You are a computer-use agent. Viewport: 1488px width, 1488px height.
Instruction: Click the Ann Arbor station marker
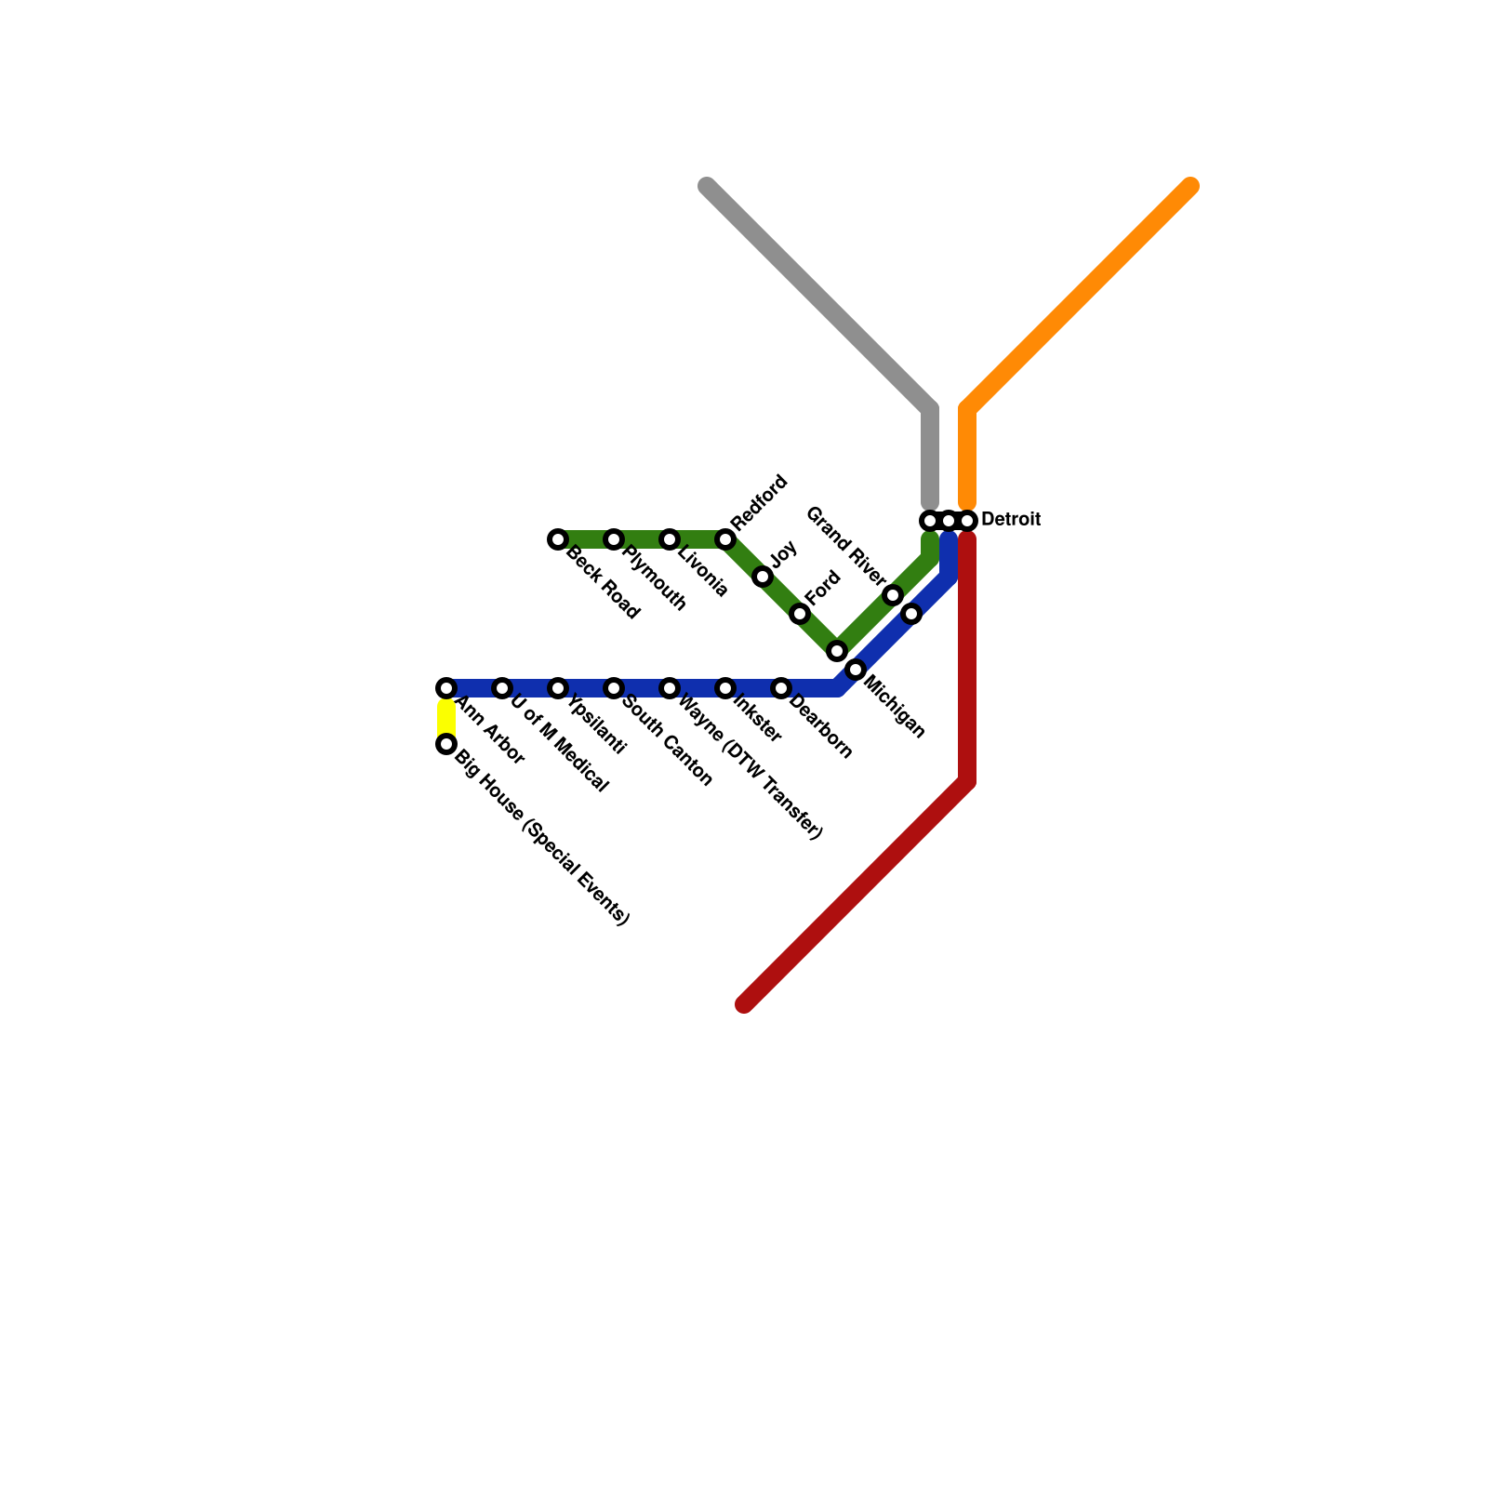446,688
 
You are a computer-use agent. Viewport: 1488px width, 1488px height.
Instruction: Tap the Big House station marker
446,744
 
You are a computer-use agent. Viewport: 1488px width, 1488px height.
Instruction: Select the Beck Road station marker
558,539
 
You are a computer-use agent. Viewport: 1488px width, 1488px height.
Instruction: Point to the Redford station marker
725,539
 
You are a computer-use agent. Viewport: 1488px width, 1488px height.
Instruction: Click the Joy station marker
763,577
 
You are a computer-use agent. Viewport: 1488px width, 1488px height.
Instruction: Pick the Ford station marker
800,614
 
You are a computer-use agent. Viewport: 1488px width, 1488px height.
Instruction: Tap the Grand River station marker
893,595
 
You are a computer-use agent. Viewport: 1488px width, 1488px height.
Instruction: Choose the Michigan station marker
856,670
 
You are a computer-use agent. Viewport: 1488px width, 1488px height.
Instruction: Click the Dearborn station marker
781,688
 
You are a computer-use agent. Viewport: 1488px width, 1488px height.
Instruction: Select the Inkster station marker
725,688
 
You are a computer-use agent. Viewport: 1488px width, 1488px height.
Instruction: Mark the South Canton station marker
614,688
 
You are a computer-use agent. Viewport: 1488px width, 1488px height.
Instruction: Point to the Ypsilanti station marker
558,688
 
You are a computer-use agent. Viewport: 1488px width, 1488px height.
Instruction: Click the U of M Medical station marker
502,688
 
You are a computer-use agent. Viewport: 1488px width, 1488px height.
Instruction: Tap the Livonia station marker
670,539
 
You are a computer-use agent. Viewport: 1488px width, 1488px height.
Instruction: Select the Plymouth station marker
614,539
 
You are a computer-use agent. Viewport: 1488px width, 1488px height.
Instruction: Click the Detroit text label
1010,520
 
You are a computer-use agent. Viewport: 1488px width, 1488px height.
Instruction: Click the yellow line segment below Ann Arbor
446,717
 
